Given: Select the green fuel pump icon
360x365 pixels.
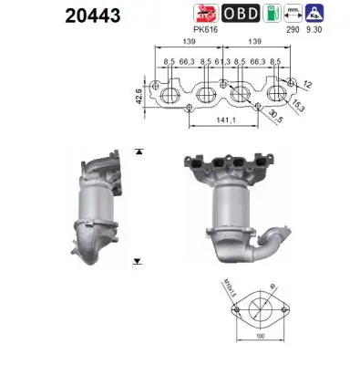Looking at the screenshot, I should pyautogui.click(x=269, y=13).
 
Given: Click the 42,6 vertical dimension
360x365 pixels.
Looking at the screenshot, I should pyautogui.click(x=137, y=94).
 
